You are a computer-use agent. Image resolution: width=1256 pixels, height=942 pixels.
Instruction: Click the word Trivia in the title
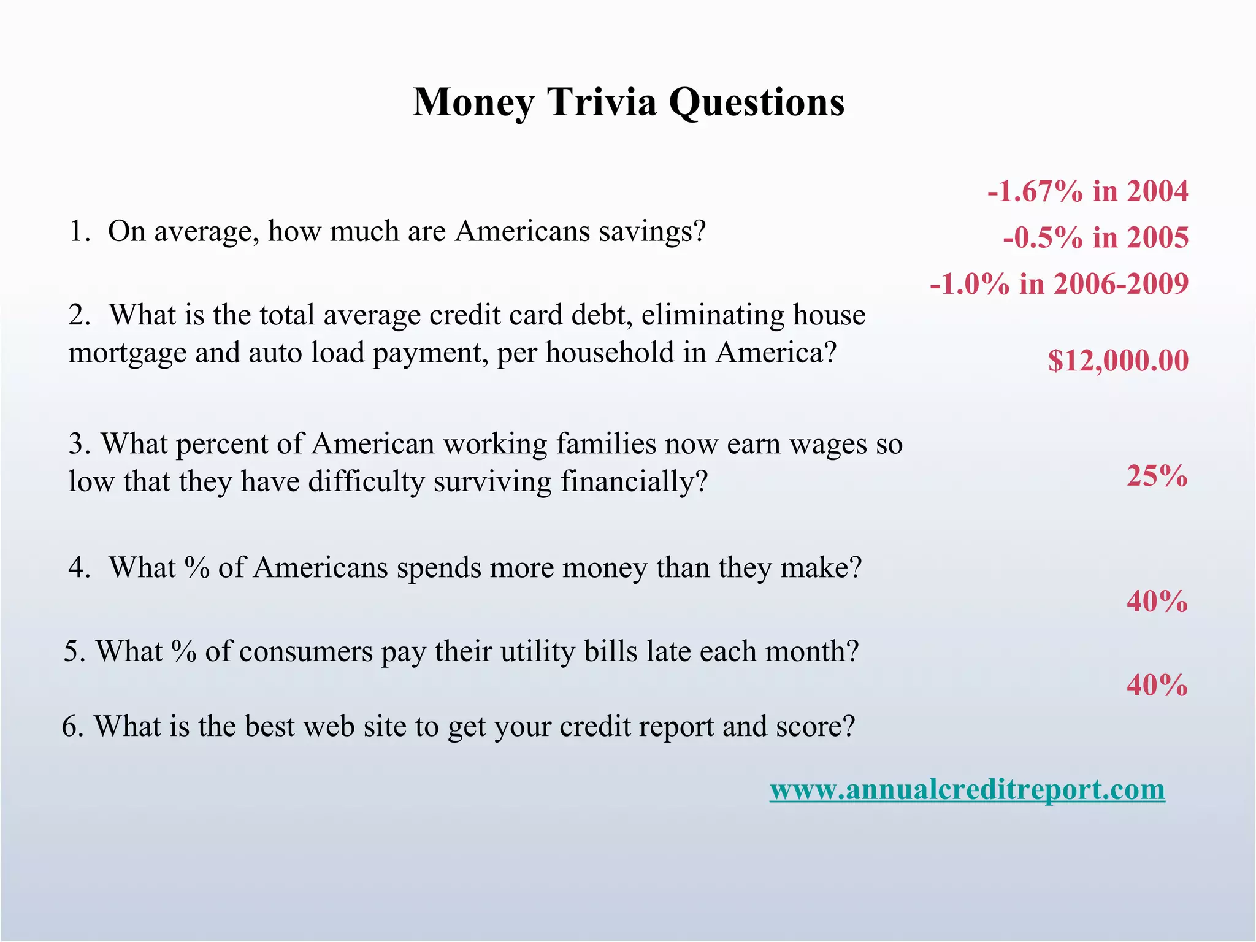click(601, 102)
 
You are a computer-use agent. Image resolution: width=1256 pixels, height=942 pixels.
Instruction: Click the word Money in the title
click(473, 103)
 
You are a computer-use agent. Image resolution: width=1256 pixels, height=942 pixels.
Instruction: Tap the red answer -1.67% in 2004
click(1087, 191)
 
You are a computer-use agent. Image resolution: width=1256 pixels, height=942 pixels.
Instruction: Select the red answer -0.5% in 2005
click(1095, 237)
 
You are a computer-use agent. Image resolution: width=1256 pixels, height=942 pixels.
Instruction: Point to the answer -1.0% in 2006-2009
click(1059, 283)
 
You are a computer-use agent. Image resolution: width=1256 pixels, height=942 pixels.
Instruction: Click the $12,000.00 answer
click(1118, 360)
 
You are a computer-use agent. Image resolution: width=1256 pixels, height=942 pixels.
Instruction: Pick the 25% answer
click(1157, 476)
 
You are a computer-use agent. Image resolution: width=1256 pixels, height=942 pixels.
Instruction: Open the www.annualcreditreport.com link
click(967, 789)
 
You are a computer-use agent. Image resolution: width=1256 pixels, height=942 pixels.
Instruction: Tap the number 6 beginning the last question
click(71, 727)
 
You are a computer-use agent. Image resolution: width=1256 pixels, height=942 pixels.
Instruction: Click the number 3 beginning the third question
click(77, 444)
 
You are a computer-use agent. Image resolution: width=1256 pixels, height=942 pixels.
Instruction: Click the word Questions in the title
click(756, 103)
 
